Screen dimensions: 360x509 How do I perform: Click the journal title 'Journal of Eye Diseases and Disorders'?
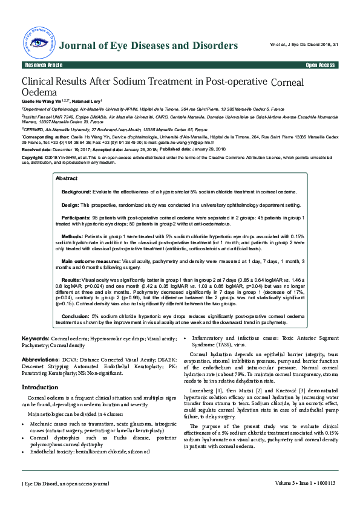[149, 46]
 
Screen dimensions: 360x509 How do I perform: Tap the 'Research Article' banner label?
[43, 65]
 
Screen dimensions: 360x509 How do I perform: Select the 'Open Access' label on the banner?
[320, 65]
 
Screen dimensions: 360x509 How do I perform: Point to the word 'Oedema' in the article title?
[39, 92]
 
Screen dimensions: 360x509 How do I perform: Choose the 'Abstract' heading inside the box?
[67, 178]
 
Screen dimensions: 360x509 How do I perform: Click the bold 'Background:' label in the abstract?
[76, 191]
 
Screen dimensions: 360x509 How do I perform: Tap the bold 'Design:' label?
[70, 205]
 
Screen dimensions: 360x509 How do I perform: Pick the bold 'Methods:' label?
[72, 236]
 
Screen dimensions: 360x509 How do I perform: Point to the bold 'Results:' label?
[71, 280]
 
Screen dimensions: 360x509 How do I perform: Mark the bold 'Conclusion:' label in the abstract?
[76, 316]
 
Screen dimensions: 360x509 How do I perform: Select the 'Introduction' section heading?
[40, 387]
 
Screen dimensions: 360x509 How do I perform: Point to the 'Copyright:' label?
[33, 157]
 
